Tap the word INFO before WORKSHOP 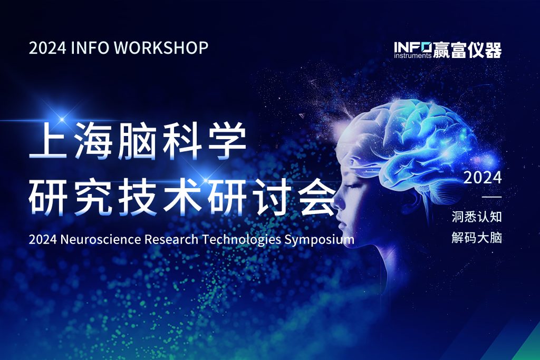tap(90, 47)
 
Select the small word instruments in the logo tap(412, 55)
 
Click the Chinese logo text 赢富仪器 tap(467, 50)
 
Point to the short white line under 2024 tap(491, 197)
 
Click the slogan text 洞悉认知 tap(477, 217)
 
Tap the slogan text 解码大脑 tap(477, 238)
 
